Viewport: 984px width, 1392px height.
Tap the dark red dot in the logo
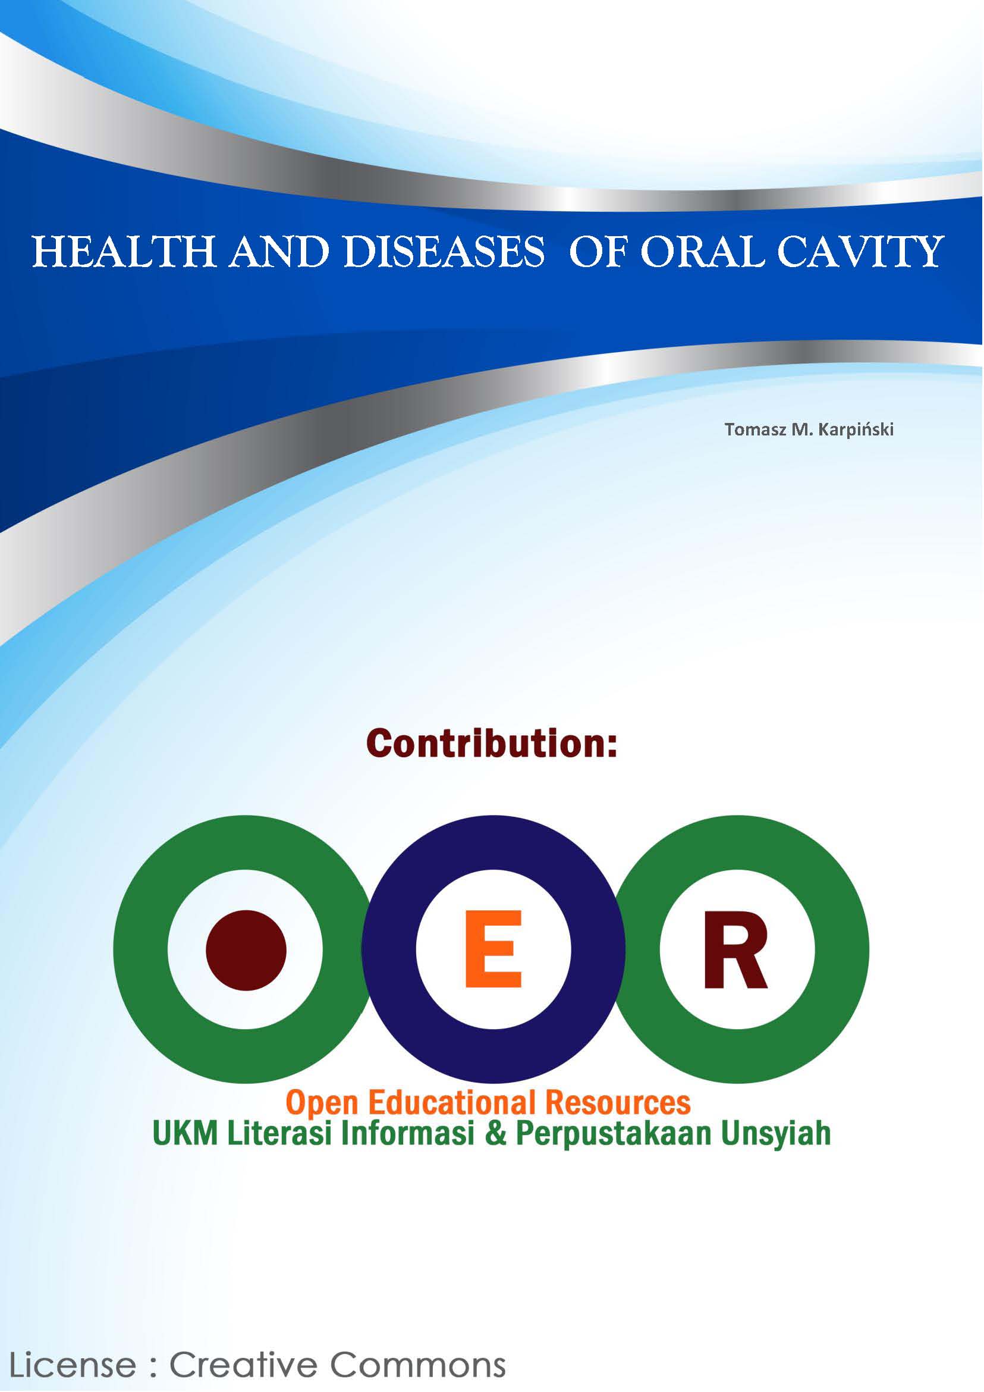246,949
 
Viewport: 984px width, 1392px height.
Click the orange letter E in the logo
493,949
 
